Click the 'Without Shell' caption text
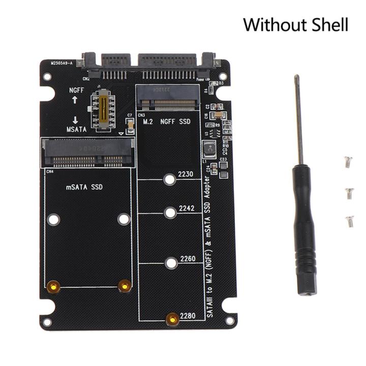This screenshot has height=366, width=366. pyautogui.click(x=295, y=24)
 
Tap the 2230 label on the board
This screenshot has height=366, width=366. pyautogui.click(x=186, y=174)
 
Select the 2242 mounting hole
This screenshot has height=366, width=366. pyautogui.click(x=171, y=212)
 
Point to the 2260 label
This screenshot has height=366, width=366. pyautogui.click(x=187, y=259)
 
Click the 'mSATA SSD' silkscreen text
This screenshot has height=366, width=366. pyautogui.click(x=84, y=187)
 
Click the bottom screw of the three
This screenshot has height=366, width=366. pyautogui.click(x=349, y=220)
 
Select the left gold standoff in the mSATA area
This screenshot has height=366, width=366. pyautogui.click(x=52, y=287)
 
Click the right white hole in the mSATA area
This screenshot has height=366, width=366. pyautogui.click(x=124, y=219)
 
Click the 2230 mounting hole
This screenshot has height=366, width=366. pyautogui.click(x=170, y=179)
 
